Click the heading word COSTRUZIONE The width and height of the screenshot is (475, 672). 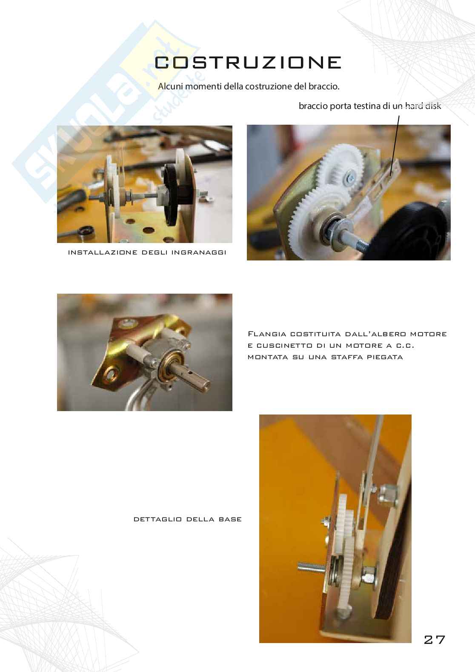[248, 63]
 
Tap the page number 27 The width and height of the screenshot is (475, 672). [434, 640]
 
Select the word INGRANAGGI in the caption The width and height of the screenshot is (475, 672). [199, 253]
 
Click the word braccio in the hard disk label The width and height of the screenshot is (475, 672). [313, 106]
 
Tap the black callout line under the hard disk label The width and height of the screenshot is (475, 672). [395, 146]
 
